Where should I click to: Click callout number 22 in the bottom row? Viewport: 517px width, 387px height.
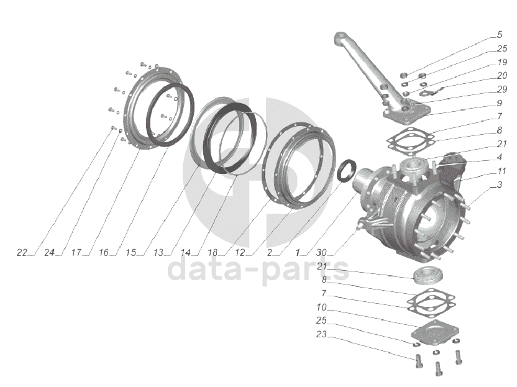[x=22, y=253]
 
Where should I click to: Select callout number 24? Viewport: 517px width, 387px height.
[x=50, y=253]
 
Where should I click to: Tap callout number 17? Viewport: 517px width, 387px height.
[x=76, y=253]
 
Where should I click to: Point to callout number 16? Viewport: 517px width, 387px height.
[x=104, y=253]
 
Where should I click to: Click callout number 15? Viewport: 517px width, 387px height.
[x=131, y=253]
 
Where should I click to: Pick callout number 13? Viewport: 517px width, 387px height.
[x=158, y=253]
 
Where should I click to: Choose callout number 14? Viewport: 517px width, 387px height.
[x=186, y=253]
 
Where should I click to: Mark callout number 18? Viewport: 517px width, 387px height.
[x=213, y=253]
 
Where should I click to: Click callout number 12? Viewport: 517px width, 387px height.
[x=240, y=253]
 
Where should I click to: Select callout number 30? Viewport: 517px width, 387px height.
[x=321, y=253]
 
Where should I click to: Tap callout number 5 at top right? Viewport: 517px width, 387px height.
[x=500, y=35]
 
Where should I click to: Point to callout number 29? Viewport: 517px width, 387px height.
[x=502, y=89]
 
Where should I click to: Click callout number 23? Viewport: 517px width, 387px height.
[x=321, y=334]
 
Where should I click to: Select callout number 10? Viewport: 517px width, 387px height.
[x=321, y=307]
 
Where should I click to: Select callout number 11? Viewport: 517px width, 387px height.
[x=502, y=171]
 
